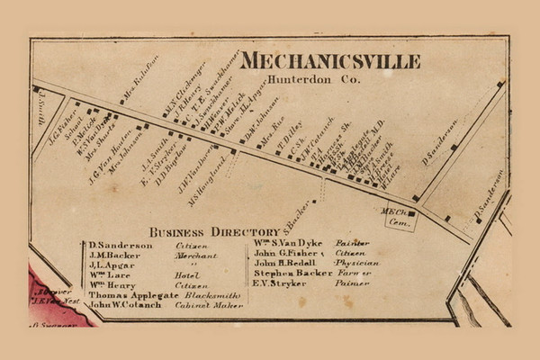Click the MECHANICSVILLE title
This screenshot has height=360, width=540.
tap(329, 61)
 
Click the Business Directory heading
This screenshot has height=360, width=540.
tap(202, 231)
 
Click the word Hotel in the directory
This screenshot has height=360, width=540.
tap(187, 274)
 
